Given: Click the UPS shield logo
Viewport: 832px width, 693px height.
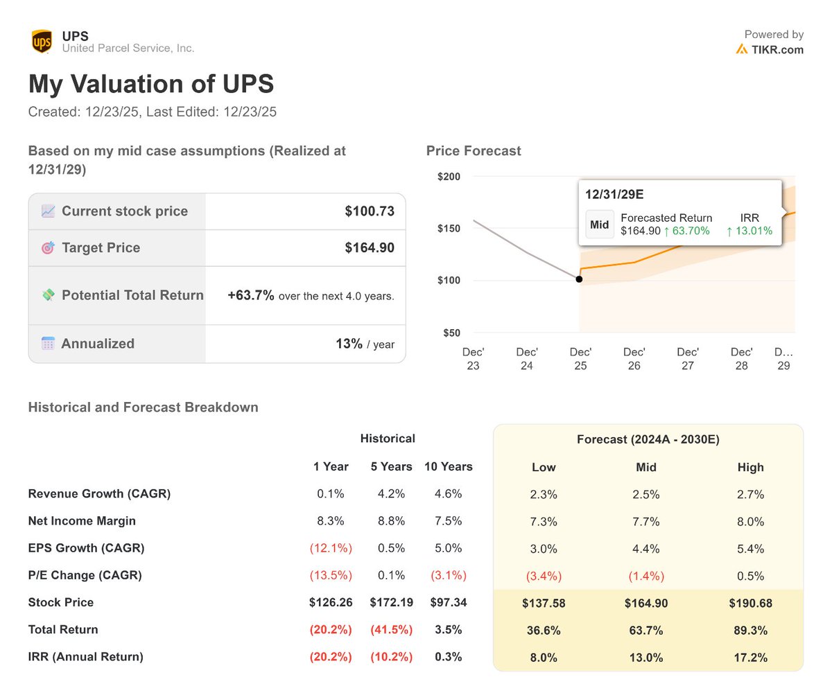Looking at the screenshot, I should coord(42,42).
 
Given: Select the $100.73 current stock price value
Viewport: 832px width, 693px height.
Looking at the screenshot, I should coord(370,211).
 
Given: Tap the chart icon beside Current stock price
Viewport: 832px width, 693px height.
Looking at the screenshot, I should coord(48,211).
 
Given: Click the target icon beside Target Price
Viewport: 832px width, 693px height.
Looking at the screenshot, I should coord(48,248).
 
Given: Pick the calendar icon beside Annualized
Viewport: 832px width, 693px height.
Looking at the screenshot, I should coord(48,344).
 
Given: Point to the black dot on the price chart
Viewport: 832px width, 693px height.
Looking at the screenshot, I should coord(579,279).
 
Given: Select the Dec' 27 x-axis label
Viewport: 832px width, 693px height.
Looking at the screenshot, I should coord(688,358).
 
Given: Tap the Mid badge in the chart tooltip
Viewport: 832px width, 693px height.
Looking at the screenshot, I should coord(599,225).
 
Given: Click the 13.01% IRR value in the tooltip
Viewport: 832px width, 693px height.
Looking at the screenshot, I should coord(749,231).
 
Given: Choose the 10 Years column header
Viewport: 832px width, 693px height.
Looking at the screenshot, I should coord(449,466).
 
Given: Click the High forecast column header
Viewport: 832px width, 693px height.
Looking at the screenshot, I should coord(750,467).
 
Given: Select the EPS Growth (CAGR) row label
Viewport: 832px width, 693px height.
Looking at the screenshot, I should coord(86,548).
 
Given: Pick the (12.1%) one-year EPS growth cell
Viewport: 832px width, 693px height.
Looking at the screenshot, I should coord(331,548).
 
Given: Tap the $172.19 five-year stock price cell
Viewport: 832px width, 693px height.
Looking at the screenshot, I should coord(391,602).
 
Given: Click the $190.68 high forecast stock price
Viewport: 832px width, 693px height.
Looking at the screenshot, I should coord(750,603).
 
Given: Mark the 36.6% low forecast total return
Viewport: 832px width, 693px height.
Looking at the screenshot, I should coord(544,630).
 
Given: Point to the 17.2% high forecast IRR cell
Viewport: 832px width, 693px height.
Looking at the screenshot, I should coord(750,657).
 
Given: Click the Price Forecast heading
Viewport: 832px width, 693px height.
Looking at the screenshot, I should coord(474,150).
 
